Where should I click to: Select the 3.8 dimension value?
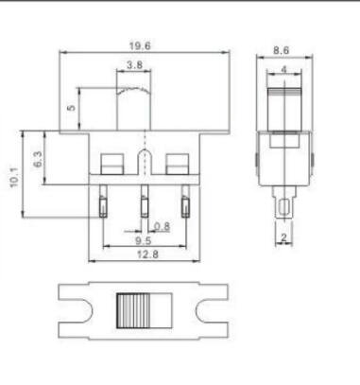134,66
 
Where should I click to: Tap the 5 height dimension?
72,109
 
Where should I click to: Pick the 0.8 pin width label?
162,226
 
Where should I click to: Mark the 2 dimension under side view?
282,237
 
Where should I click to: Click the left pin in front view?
100,204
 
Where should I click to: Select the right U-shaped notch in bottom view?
209,310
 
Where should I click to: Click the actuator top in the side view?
282,95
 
